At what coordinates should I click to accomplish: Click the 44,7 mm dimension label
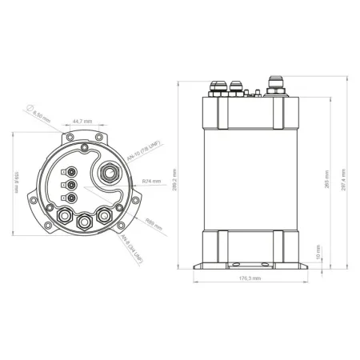pos(81,121)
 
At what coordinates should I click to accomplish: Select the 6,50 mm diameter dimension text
pos(40,116)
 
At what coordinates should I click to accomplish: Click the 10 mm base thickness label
pos(318,258)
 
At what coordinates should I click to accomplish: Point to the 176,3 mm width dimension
pos(250,278)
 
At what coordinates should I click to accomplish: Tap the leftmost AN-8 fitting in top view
pos(63,214)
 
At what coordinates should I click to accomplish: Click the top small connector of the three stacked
pos(72,170)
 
